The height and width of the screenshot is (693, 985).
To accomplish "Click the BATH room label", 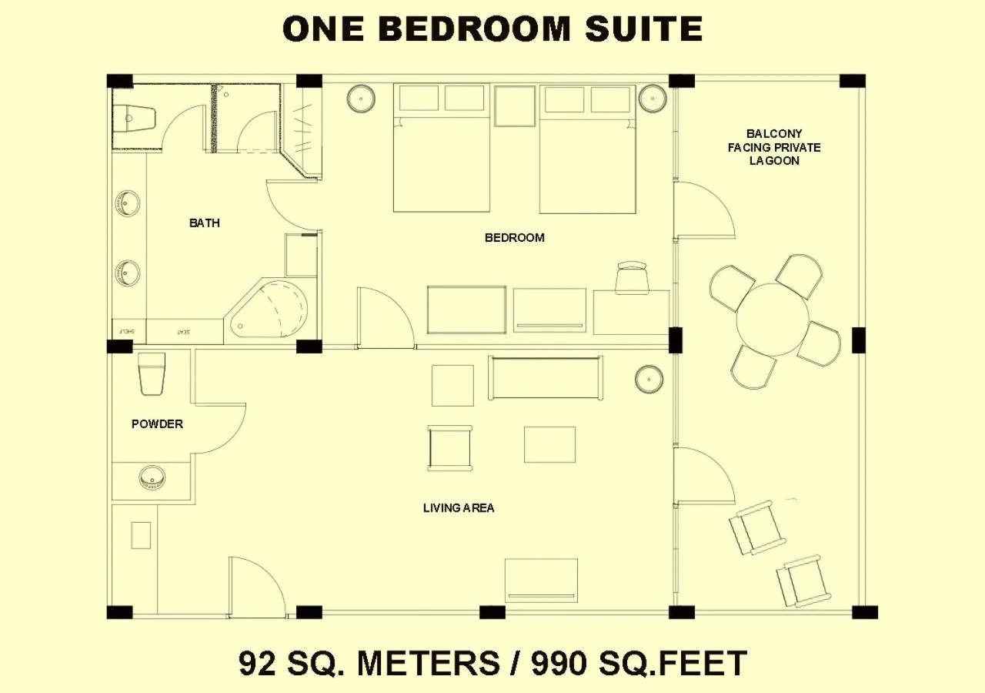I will point(205,223).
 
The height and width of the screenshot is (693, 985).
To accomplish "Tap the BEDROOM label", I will point(514,238).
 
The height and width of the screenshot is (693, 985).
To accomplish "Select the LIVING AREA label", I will point(459,508).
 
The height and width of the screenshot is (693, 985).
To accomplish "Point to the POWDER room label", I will point(157,424).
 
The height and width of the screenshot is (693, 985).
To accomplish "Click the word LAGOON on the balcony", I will point(774,161).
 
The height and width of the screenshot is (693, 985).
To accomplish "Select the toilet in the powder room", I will point(152,373).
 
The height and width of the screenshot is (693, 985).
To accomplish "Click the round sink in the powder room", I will point(152,478).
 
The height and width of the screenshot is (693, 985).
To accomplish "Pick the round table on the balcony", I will point(773,320).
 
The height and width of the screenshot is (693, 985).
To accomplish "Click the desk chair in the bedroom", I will point(632,276).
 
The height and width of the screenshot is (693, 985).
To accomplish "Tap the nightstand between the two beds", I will point(515,105).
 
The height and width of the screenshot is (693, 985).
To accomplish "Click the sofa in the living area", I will point(546,377).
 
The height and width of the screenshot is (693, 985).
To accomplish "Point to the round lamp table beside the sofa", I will point(649,379).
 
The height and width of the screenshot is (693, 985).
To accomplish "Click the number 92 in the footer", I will point(257,663).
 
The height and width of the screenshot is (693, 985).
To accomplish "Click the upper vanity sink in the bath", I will point(128,204).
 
